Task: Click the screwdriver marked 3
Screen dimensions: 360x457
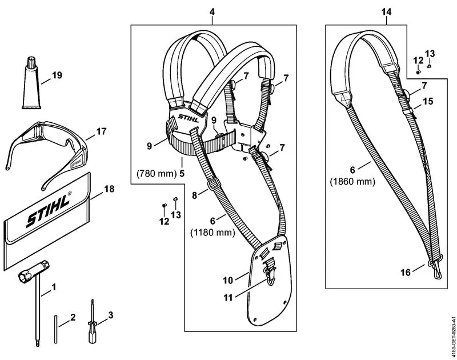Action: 91,323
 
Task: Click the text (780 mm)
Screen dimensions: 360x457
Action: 154,172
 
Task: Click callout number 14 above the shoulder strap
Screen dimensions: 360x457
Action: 387,11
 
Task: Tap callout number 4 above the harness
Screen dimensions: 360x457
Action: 213,11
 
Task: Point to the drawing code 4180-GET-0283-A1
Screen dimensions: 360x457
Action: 452,337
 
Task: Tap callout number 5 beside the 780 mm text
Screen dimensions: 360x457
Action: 182,172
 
